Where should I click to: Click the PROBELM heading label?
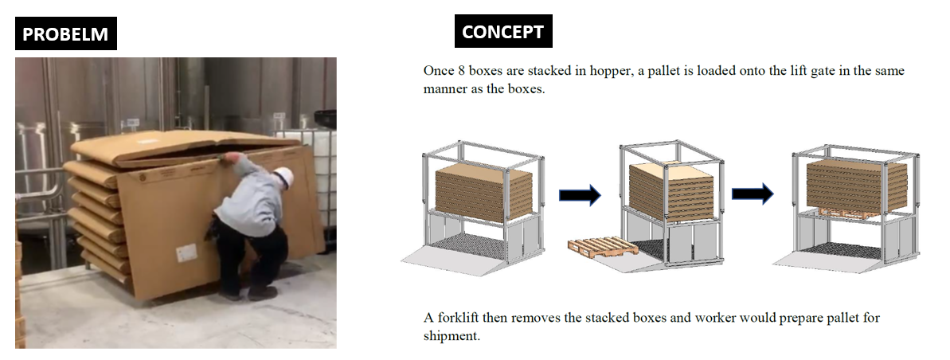[x=65, y=34]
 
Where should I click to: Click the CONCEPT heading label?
[x=502, y=32]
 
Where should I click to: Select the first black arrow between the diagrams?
[x=580, y=194]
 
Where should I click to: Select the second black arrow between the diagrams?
[x=753, y=194]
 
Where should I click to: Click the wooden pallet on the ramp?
[x=603, y=246]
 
